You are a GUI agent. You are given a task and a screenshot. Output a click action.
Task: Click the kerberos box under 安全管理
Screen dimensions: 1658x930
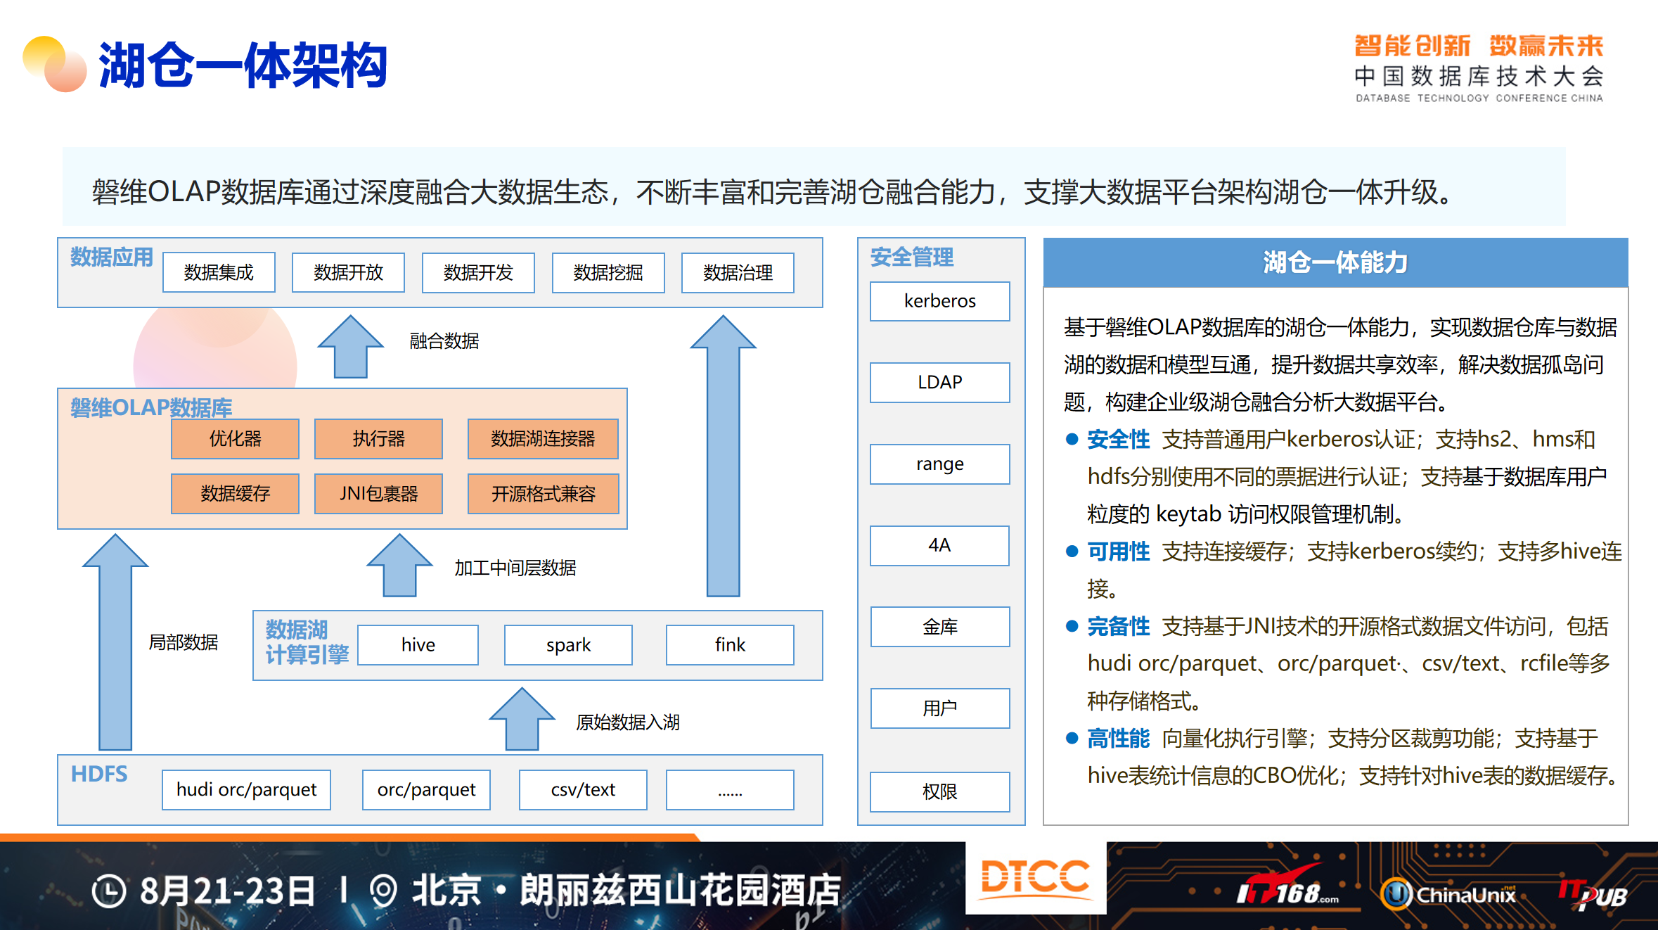pyautogui.click(x=939, y=301)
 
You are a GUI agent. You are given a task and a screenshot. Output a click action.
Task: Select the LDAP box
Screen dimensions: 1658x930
pyautogui.click(x=939, y=382)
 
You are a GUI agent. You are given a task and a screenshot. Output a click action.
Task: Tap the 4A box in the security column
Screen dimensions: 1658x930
pyautogui.click(x=939, y=545)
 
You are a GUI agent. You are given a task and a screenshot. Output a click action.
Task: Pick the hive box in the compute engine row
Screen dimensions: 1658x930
pyautogui.click(x=418, y=644)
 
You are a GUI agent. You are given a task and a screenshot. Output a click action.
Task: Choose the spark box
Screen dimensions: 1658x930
pyautogui.click(x=568, y=644)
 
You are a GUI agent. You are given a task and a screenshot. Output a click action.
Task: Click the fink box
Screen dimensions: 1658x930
pyautogui.click(x=730, y=644)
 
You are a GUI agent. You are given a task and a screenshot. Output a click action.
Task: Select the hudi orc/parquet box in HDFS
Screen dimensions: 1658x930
pyautogui.click(x=246, y=789)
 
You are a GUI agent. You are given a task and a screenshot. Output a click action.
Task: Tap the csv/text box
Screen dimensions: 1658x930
pyautogui.click(x=583, y=789)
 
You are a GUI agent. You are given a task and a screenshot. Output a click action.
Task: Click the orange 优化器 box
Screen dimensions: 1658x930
pyautogui.click(x=235, y=438)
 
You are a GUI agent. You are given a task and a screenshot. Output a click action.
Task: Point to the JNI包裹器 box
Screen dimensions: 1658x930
pyautogui.click(x=378, y=493)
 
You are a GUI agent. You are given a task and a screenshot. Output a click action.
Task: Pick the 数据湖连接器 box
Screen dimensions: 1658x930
pyautogui.click(x=543, y=438)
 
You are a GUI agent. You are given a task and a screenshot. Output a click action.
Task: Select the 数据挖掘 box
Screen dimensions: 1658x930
pyautogui.click(x=608, y=272)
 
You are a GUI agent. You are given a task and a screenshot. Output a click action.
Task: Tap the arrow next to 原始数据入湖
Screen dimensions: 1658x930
pyautogui.click(x=522, y=719)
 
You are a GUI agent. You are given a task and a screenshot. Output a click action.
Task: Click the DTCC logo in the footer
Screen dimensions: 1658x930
pyautogui.click(x=1035, y=877)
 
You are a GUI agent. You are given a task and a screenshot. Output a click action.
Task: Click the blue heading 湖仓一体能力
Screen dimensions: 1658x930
pyautogui.click(x=1335, y=262)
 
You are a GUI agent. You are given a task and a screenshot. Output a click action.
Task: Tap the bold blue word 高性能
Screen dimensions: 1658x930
pyautogui.click(x=1118, y=738)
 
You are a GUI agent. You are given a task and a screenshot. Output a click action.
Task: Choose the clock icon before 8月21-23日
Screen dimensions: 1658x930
pyautogui.click(x=109, y=891)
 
